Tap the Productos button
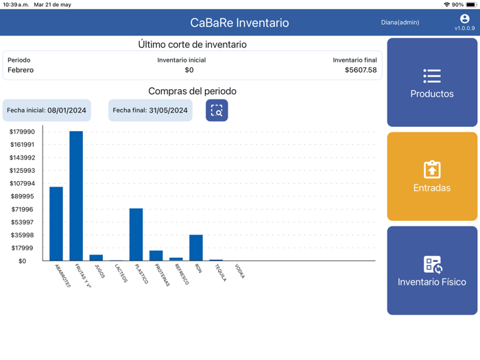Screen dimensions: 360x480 [432, 82]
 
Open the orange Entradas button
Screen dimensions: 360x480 [432, 176]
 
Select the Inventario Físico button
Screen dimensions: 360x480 [432, 270]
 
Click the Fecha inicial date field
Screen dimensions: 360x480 [47, 110]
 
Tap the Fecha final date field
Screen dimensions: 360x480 [150, 110]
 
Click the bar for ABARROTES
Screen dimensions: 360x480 [56, 224]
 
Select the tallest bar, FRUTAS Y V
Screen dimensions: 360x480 [76, 195]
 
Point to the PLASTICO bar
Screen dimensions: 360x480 [136, 235]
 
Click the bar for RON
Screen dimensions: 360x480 [196, 248]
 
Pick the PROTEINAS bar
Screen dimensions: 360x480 [156, 256]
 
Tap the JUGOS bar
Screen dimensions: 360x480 [96, 258]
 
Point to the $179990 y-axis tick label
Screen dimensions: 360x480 [22, 132]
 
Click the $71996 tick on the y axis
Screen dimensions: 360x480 [22, 209]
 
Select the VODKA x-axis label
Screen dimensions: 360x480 [239, 272]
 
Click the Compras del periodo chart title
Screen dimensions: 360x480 [192, 91]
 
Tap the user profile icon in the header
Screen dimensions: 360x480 [464, 19]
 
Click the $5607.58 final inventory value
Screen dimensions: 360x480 [360, 70]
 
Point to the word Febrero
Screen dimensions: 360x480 [21, 70]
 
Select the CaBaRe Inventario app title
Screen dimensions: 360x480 [239, 23]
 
